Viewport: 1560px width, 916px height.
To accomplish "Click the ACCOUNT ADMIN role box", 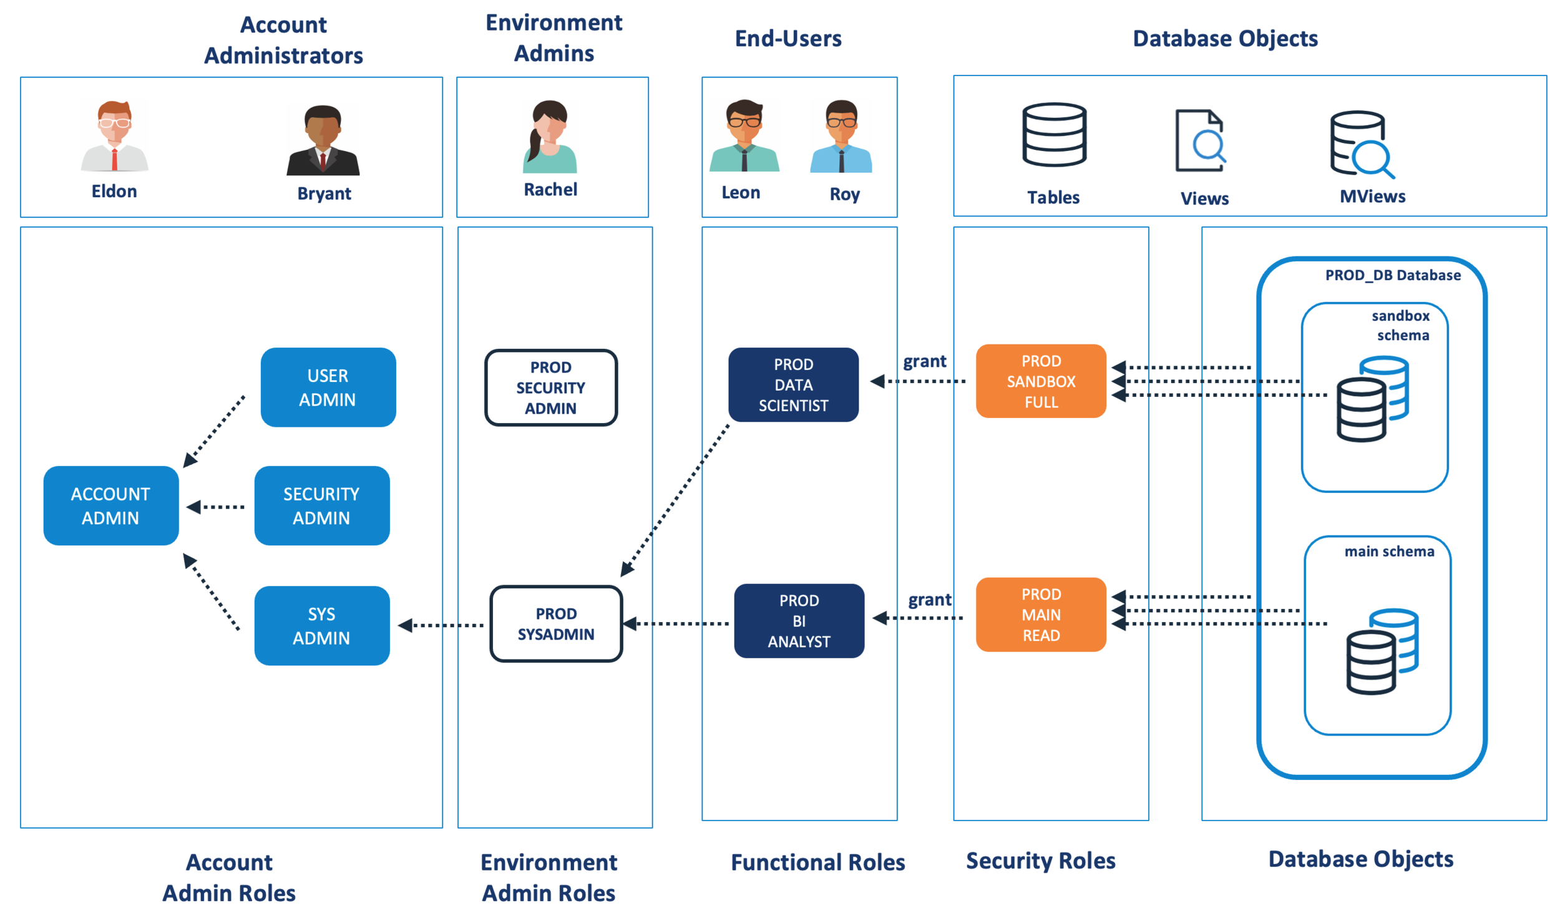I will pyautogui.click(x=110, y=505).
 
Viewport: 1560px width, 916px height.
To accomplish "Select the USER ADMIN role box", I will pyautogui.click(x=328, y=387).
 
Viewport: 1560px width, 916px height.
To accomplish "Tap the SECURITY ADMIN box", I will pyautogui.click(x=321, y=505).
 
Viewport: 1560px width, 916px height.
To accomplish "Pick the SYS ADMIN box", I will pyautogui.click(x=321, y=625).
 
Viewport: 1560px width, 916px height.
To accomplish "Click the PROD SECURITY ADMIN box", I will pyautogui.click(x=550, y=387).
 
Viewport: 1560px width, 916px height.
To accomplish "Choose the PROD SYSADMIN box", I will pyautogui.click(x=555, y=623).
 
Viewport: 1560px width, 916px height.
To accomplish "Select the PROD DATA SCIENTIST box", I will pyautogui.click(x=793, y=384).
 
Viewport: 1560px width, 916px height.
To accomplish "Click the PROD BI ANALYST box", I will pyautogui.click(x=799, y=621).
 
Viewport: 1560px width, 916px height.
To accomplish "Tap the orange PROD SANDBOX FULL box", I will pyautogui.click(x=1041, y=381).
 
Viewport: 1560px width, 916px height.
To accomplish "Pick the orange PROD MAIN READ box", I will pyautogui.click(x=1041, y=615).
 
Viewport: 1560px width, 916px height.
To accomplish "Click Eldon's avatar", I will pyautogui.click(x=114, y=135).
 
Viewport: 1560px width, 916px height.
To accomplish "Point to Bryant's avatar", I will pyautogui.click(x=323, y=140).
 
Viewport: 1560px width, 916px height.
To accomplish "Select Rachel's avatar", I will pyautogui.click(x=549, y=137).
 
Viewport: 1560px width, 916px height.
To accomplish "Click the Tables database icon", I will pyautogui.click(x=1054, y=135).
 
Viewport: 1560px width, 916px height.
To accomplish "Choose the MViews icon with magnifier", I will pyautogui.click(x=1361, y=144).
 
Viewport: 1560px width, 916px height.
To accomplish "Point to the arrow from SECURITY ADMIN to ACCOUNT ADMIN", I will pyautogui.click(x=216, y=507).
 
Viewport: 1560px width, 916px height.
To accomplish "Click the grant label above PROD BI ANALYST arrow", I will pyautogui.click(x=929, y=600).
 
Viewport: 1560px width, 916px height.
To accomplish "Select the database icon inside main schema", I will pyautogui.click(x=1382, y=651).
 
